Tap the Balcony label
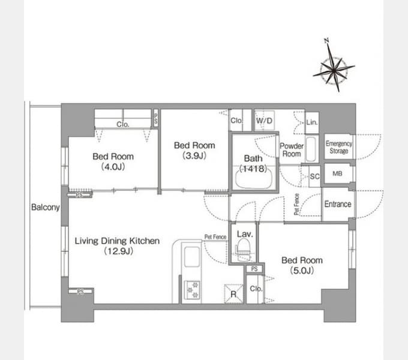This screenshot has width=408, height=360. coord(46,208)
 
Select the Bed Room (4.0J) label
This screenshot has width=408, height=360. coord(113,161)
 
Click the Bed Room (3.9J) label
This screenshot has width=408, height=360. coord(194,151)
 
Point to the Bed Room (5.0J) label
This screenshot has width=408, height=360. coord(302,265)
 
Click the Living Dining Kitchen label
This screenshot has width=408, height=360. coord(117,246)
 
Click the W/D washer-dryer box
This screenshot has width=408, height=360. coord(264,120)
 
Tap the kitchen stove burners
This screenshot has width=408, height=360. coord(193,289)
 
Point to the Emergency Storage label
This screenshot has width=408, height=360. coord(339,148)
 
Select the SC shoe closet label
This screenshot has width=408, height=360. coord(314,176)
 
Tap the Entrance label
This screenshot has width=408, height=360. coord(337,204)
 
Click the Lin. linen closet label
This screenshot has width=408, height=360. coord(311,122)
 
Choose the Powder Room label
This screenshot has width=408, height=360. coord(292,150)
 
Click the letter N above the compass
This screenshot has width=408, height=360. coord(327,41)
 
